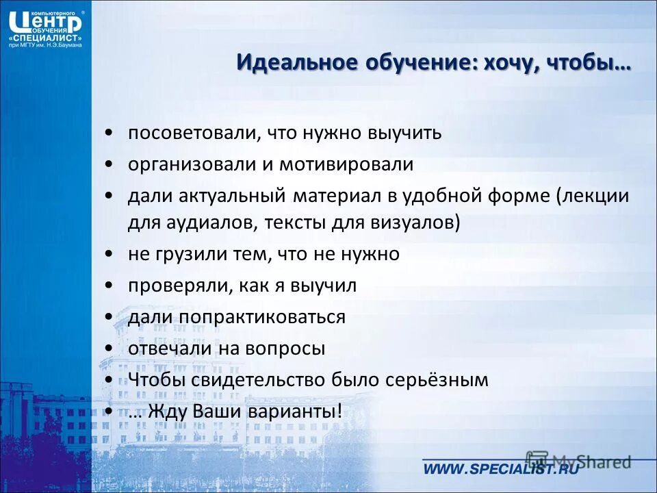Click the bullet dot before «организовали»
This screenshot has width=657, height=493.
click(109, 164)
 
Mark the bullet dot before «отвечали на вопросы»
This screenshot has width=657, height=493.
click(109, 349)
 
